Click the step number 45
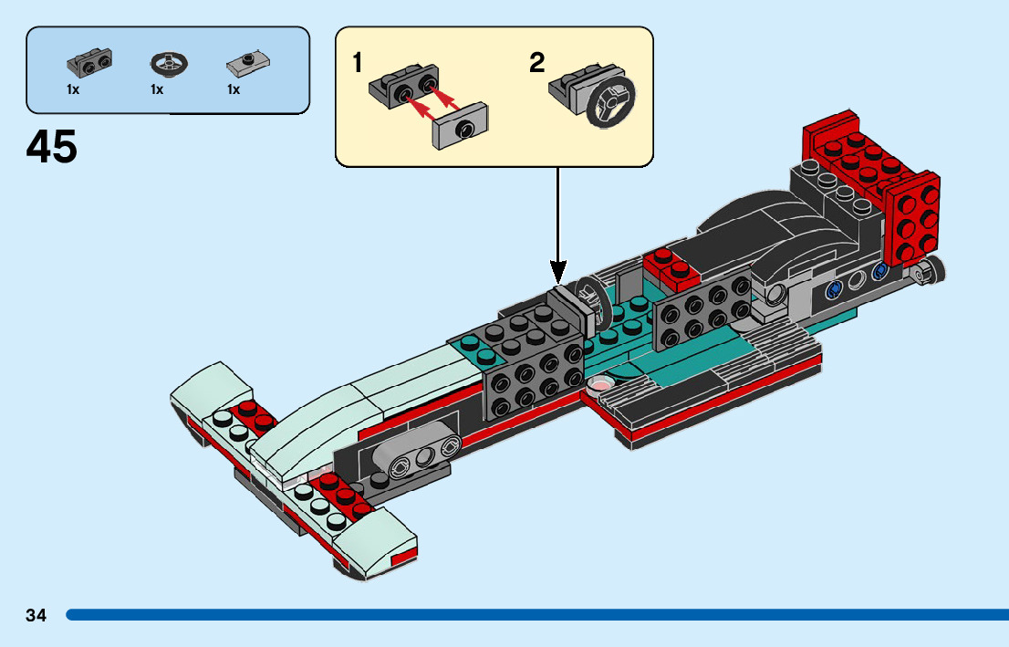pyautogui.click(x=51, y=147)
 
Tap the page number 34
pyautogui.click(x=36, y=615)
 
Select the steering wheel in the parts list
pyautogui.click(x=170, y=63)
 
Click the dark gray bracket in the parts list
pyautogui.click(x=88, y=62)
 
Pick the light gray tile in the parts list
pyautogui.click(x=248, y=63)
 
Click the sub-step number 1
pyautogui.click(x=357, y=63)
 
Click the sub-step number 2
pyautogui.click(x=537, y=63)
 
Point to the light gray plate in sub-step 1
pyautogui.click(x=460, y=126)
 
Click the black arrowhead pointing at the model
pyautogui.click(x=558, y=272)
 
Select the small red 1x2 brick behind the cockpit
pyautogui.click(x=671, y=267)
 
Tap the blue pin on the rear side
pyautogui.click(x=835, y=289)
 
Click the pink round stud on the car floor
pyautogui.click(x=599, y=384)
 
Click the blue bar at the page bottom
pyautogui.click(x=537, y=615)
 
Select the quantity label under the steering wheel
pyautogui.click(x=157, y=89)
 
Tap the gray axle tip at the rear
pyautogui.click(x=929, y=270)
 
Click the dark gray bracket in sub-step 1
pyautogui.click(x=404, y=86)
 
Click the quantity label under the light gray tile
pyautogui.click(x=234, y=89)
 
